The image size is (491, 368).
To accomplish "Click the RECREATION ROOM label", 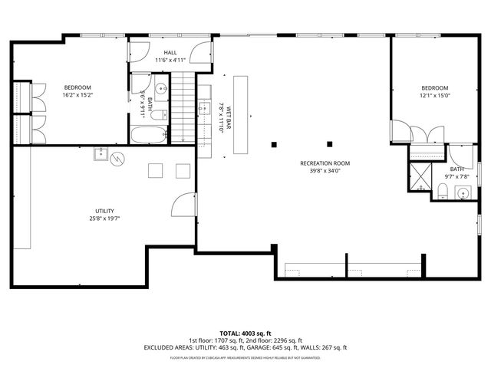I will coord(325,163).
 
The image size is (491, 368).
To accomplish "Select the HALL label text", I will coord(170,52).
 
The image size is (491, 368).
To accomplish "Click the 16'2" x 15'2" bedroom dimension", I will coord(77,96).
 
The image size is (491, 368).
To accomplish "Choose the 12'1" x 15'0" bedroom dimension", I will coord(434,96).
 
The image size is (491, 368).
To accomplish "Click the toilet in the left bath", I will coord(160,114).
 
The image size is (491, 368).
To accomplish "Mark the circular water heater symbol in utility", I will coord(117,159).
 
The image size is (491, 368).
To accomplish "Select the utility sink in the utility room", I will coord(101,154).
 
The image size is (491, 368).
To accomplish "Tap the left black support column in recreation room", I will coord(274,143).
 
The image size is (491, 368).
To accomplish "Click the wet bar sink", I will coord(205,108).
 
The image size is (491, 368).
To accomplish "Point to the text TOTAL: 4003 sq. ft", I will coord(245,333).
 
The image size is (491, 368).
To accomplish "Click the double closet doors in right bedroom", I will coord(427,136).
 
